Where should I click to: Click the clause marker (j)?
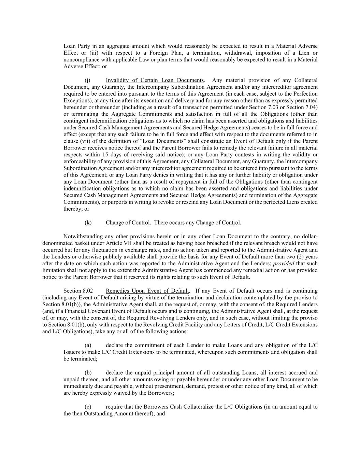(x=87, y=80)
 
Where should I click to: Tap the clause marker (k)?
(x=88, y=223)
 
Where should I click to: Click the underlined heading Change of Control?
(x=128, y=223)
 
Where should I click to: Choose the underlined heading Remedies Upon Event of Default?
(x=147, y=291)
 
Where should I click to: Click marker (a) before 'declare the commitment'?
(x=88, y=345)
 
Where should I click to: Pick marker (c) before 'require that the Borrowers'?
(x=88, y=407)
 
